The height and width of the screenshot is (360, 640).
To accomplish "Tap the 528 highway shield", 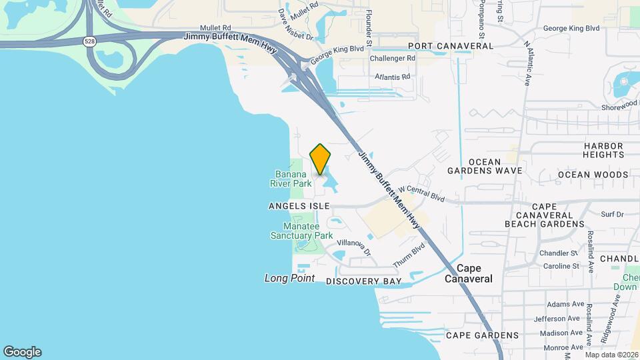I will click(x=89, y=41).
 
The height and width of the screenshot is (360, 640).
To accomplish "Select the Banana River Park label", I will click(x=291, y=178).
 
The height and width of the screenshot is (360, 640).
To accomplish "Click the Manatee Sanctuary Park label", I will click(x=301, y=231).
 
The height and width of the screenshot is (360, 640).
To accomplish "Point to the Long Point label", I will click(x=289, y=278).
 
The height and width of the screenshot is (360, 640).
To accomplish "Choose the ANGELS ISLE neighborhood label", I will click(x=299, y=207).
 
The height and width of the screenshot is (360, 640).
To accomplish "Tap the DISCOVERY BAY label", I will click(x=364, y=281).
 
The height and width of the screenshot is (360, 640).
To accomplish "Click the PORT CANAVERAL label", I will click(x=451, y=46).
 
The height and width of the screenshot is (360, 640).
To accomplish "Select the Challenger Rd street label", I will click(x=393, y=59).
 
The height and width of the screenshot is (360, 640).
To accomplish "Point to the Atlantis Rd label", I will click(x=393, y=77).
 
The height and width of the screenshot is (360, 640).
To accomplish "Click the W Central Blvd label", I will click(x=421, y=194).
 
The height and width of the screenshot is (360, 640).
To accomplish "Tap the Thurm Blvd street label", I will click(x=408, y=255).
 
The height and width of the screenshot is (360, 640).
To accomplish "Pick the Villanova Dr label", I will click(x=354, y=247).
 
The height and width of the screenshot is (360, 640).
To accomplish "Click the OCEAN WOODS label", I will click(x=593, y=175).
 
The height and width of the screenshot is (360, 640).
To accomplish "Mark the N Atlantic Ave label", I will click(x=529, y=63).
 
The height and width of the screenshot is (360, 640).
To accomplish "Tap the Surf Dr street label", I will click(x=611, y=215).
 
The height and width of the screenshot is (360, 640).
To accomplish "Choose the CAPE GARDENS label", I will click(x=482, y=335).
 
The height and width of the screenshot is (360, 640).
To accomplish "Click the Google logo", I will click(x=22, y=352).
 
